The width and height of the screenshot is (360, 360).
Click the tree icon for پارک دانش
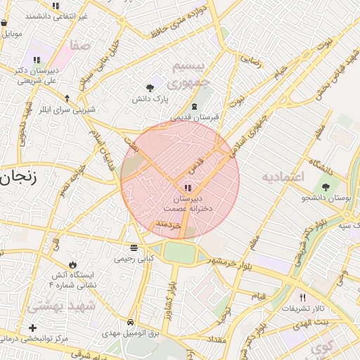[x=150, y=88]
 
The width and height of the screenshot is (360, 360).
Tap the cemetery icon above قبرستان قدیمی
[x=194, y=105]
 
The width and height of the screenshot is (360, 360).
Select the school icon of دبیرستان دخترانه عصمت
[x=187, y=188]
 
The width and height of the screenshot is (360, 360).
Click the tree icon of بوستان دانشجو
[x=325, y=187]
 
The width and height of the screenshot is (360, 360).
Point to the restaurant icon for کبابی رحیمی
[x=134, y=247]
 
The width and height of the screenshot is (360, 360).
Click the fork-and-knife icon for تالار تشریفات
[x=303, y=297]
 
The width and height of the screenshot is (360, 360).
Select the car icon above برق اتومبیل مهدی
[x=131, y=321]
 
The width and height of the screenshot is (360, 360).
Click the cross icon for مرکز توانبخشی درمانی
[x=32, y=328]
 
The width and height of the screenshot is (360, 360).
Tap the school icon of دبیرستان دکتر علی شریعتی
[x=37, y=59]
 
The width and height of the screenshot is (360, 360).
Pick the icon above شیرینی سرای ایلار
[x=67, y=98]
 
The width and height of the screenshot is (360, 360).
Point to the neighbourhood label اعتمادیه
[x=282, y=176]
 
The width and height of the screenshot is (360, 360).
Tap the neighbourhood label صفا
[x=80, y=46]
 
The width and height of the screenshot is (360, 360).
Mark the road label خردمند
[x=169, y=223]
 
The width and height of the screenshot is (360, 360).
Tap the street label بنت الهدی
[x=329, y=321]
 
